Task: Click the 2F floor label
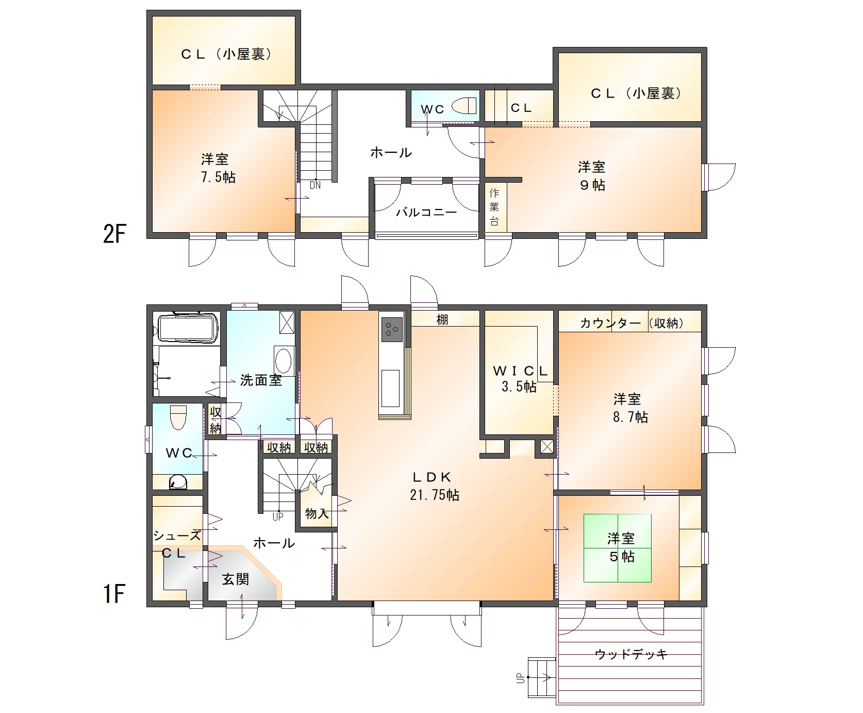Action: point(114,235)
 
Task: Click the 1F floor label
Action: point(114,594)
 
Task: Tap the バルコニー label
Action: point(426,212)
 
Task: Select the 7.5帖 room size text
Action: point(218,177)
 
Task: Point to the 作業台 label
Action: point(494,207)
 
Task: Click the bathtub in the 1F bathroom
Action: point(188,327)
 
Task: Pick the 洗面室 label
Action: point(261,380)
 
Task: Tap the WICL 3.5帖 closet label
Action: point(519,379)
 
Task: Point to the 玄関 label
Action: point(236,579)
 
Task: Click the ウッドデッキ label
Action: point(631,654)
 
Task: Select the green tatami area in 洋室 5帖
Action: point(617,548)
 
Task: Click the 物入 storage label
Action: point(317,513)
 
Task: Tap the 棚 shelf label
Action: point(442,320)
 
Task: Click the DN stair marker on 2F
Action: point(315,185)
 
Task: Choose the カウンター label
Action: point(610,323)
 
